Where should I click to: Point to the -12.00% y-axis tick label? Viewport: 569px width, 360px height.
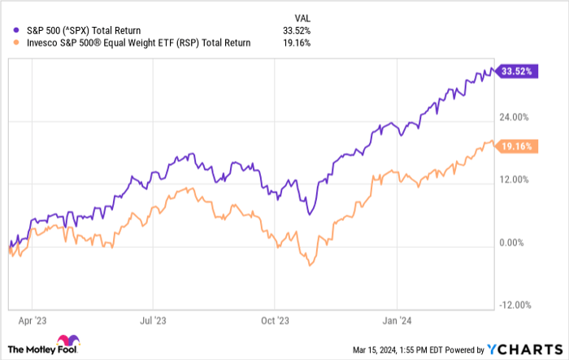515,306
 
